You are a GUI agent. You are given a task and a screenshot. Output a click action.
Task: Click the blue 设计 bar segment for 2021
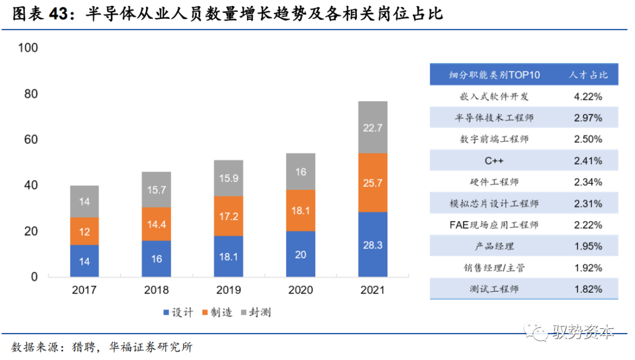tap(372, 244)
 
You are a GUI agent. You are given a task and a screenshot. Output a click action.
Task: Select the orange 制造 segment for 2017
tap(84, 231)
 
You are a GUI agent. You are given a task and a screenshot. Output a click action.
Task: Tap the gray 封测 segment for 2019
tap(228, 178)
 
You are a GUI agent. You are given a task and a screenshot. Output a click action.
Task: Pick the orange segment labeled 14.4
tap(156, 224)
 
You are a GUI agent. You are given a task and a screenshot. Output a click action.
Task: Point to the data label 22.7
tap(372, 127)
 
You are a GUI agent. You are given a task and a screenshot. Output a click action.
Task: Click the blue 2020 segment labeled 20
tap(300, 254)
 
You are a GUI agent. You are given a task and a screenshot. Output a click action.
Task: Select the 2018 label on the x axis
tap(156, 290)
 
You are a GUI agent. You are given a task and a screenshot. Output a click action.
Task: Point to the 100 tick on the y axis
tap(28, 48)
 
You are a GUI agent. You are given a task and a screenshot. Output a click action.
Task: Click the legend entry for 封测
tap(255, 312)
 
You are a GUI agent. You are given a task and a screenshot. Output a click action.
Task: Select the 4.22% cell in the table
tap(589, 96)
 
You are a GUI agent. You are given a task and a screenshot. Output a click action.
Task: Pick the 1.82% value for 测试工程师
tap(589, 289)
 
